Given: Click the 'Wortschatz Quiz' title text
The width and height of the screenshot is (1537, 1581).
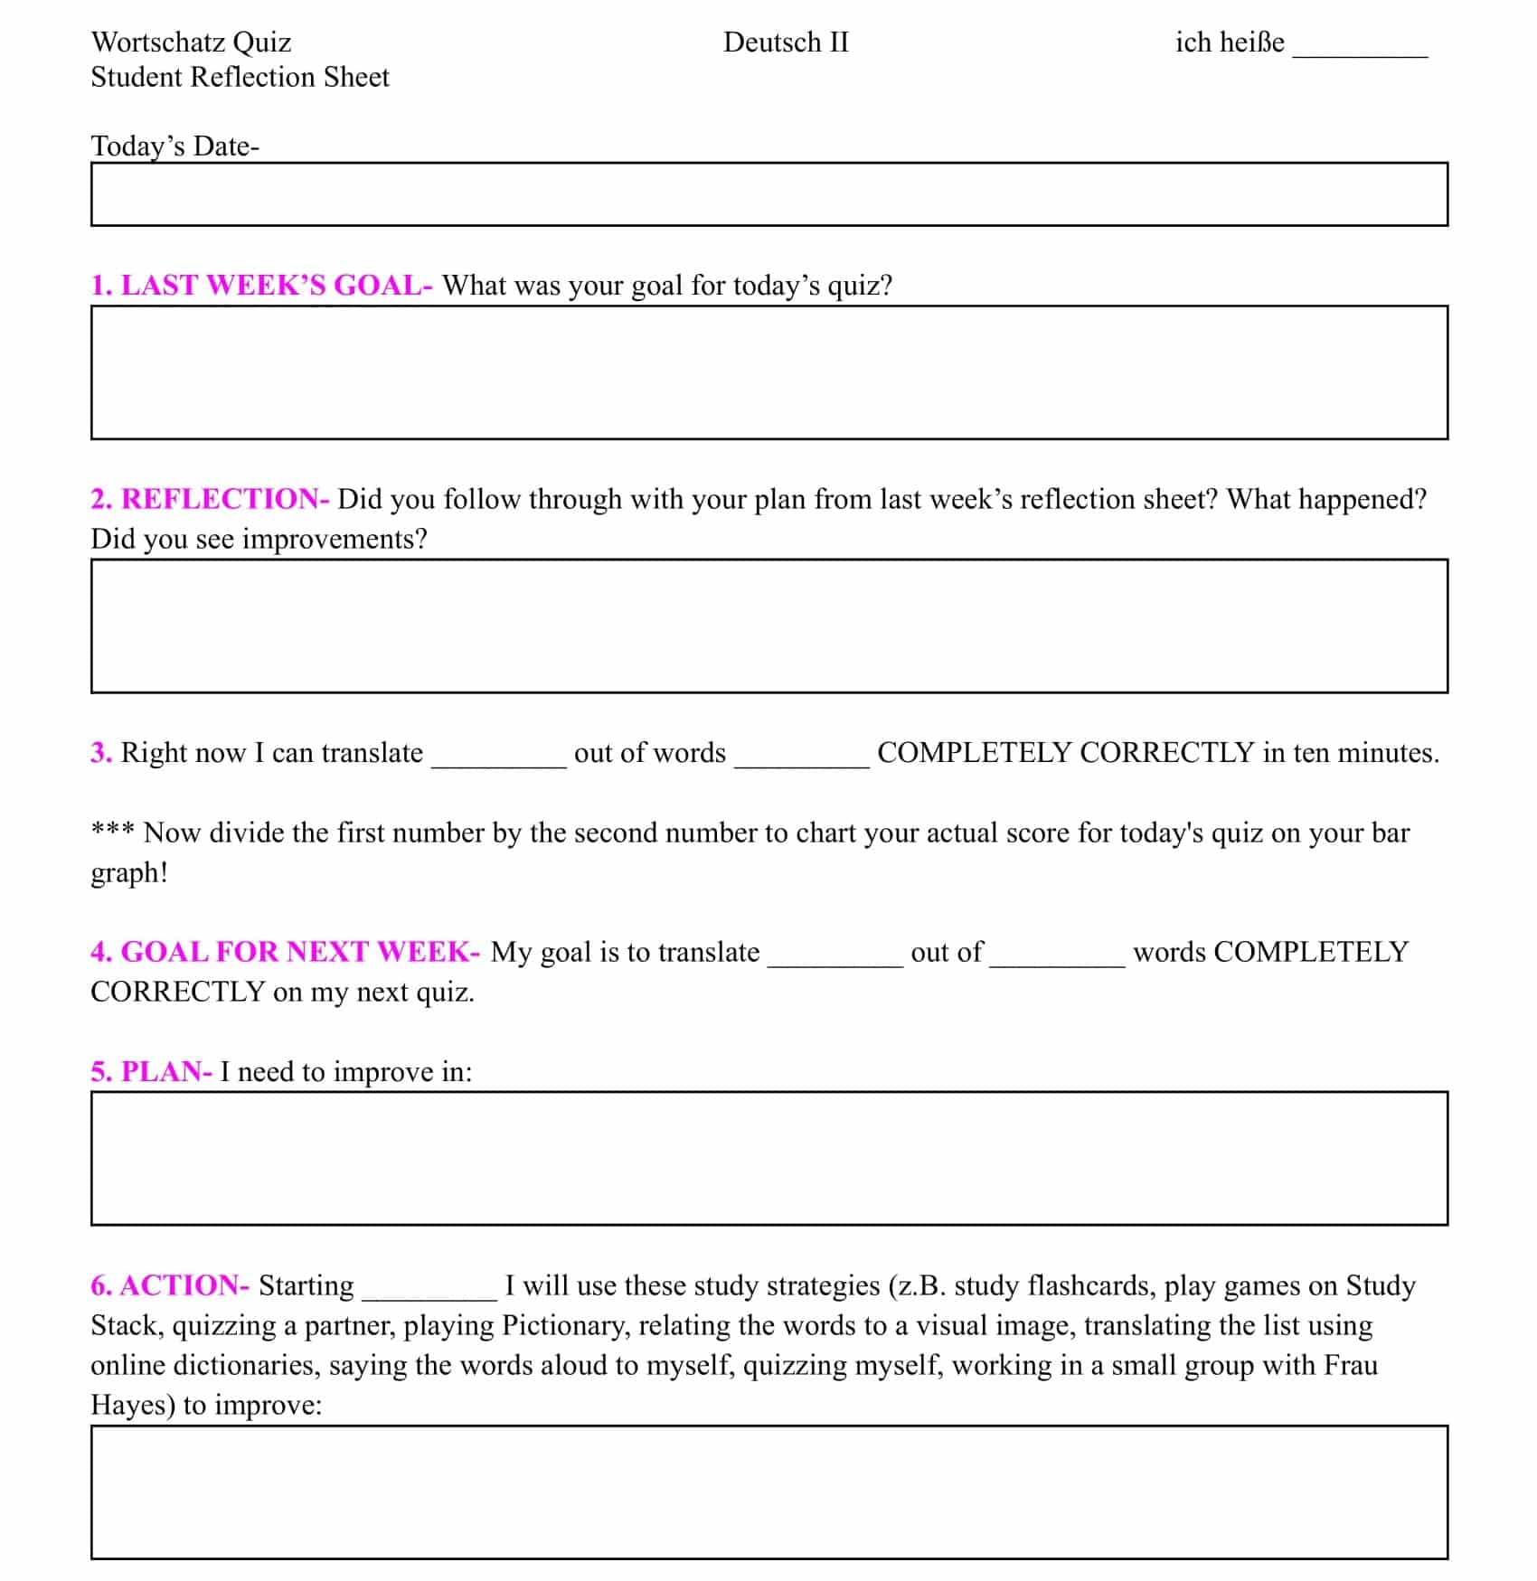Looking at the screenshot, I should [x=191, y=42].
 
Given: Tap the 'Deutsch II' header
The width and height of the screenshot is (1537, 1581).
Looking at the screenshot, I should [x=786, y=42].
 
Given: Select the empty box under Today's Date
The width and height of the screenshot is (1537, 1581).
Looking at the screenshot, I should [x=768, y=194].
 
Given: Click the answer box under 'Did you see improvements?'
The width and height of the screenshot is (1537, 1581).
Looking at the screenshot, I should [x=768, y=626].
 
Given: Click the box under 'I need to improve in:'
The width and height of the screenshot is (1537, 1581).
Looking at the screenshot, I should [x=768, y=1158].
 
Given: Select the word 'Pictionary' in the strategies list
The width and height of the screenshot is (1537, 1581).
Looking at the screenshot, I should [x=564, y=1325].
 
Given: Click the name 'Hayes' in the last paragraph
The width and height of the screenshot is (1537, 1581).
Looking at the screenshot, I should [x=132, y=1405].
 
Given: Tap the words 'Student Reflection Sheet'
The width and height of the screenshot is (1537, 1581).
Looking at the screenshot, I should [x=240, y=78].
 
